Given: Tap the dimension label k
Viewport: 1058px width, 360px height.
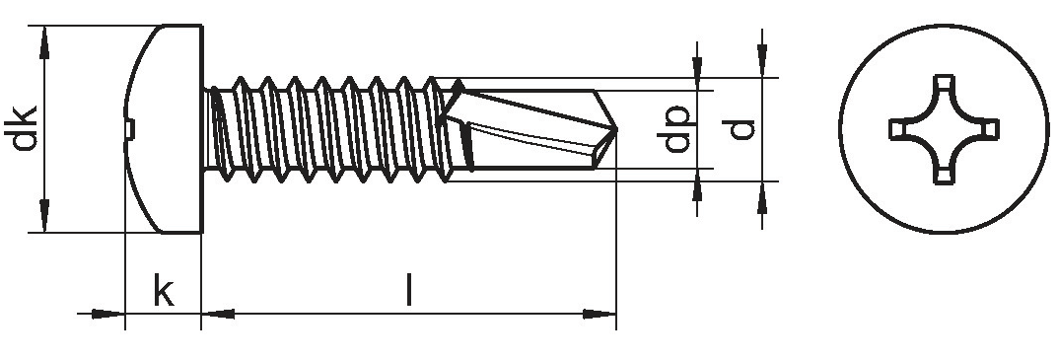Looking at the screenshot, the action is tap(164, 290).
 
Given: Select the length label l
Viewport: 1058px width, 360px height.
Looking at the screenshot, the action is tap(408, 289).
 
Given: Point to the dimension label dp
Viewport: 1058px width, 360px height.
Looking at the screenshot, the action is tap(676, 128).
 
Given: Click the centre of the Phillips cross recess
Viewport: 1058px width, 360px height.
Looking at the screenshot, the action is tap(944, 129).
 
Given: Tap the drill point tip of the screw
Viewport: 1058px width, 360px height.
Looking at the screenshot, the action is tap(616, 127).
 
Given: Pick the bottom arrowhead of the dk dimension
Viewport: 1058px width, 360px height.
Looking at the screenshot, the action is tap(44, 216).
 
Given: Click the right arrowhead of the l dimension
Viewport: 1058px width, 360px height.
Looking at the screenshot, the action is tap(600, 314).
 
